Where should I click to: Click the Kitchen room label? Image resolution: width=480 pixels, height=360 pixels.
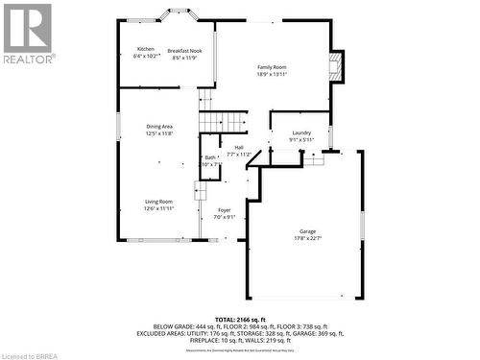tap(145, 49)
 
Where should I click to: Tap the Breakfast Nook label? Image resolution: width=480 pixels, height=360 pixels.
tap(183, 50)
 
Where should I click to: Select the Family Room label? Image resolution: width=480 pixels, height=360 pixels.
tap(272, 66)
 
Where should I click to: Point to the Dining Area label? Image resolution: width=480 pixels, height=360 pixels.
tap(159, 127)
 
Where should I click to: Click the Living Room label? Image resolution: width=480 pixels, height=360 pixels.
tap(158, 201)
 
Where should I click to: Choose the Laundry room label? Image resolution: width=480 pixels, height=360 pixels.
tap(301, 132)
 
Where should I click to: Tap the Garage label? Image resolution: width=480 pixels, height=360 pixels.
tap(307, 231)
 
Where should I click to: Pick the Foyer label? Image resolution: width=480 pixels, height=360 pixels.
tap(224, 209)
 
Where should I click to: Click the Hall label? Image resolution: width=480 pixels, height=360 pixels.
tap(238, 147)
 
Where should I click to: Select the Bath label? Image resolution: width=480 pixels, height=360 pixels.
tap(210, 157)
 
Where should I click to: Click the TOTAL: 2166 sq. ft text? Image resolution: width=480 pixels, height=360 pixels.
tap(240, 318)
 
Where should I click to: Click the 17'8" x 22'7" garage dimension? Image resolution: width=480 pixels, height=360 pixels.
tap(307, 238)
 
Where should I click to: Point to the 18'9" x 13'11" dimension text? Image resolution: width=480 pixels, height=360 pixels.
tap(272, 74)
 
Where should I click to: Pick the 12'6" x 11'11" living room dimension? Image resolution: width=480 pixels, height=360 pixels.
tap(158, 208)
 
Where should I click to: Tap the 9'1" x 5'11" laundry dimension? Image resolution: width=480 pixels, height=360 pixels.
tap(301, 140)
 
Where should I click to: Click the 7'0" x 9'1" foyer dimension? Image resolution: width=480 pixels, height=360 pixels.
tap(224, 217)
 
